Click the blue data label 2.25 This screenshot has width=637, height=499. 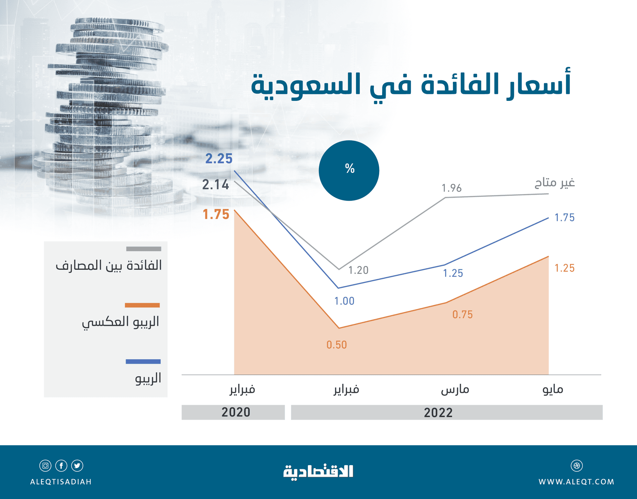click(219, 159)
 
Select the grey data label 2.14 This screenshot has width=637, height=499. click(215, 184)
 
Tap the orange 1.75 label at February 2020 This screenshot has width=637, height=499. click(216, 214)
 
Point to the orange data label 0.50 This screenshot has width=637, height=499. click(336, 345)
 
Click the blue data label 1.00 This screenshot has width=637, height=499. click(344, 301)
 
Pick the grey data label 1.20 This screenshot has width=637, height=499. click(358, 270)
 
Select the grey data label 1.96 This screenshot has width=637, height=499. click(452, 188)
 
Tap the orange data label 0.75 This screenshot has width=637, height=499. click(462, 314)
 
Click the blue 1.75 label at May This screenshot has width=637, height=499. click(564, 217)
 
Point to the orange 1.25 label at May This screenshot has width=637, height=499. click(564, 268)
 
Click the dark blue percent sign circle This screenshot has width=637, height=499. click(349, 170)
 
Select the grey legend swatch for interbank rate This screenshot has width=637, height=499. click(143, 249)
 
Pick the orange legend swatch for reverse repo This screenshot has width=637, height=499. click(142, 305)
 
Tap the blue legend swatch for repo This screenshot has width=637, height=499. click(143, 361)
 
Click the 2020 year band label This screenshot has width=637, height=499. click(236, 412)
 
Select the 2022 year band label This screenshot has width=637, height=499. click(438, 412)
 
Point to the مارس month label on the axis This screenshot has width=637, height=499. click(455, 389)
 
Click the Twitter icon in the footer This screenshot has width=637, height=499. click(77, 465)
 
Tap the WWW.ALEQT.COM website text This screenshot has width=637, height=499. click(576, 482)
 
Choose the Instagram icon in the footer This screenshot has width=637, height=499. click(45, 465)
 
